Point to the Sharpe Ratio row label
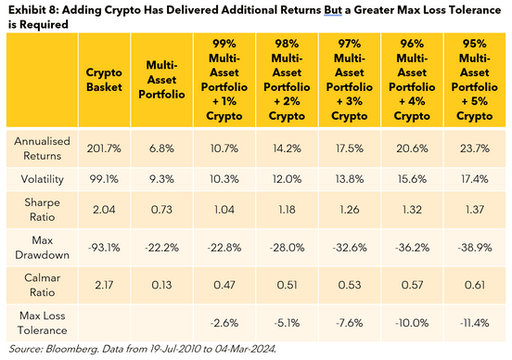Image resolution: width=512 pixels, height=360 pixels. [42, 212]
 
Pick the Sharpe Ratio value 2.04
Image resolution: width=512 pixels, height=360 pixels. [104, 212]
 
